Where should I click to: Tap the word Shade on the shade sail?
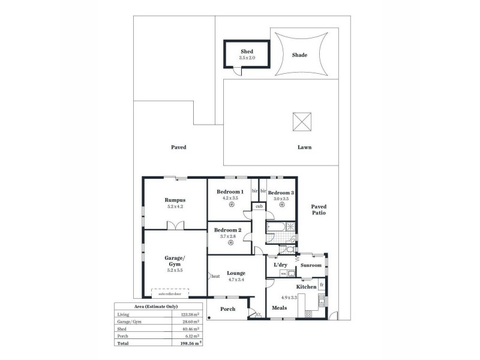299,55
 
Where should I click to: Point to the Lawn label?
304,147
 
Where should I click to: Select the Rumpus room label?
175,200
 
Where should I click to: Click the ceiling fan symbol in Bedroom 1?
230,204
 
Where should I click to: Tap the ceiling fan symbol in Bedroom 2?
228,242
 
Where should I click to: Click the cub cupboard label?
259,206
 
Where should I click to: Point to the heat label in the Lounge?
215,277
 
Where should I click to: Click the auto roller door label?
170,294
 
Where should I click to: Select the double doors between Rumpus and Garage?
175,226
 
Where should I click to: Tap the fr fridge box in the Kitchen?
322,284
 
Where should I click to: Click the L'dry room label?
279,265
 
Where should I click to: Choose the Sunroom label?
311,265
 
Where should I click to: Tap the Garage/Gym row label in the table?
130,322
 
